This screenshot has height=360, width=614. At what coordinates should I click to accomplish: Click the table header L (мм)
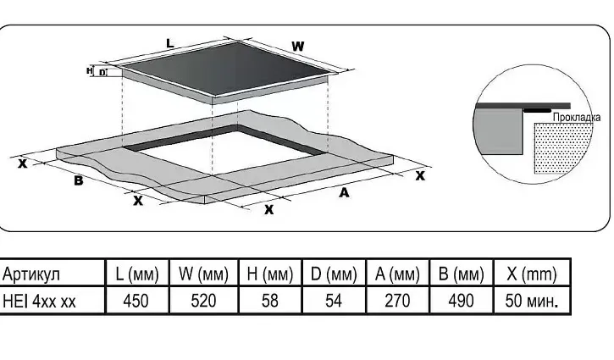tap(137, 274)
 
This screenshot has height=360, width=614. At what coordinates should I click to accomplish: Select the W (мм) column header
tap(203, 274)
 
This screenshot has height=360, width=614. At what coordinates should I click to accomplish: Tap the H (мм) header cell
tap(268, 274)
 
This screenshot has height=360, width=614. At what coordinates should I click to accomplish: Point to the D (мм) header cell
tap(333, 274)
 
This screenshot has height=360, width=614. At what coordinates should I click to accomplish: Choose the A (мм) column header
tap(397, 274)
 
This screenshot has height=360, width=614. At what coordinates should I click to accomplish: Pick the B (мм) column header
tap(461, 274)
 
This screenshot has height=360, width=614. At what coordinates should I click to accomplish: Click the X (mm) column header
tap(531, 274)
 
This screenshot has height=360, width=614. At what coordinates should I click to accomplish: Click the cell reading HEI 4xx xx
tap(40, 301)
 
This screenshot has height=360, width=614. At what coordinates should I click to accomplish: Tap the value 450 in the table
tap(137, 301)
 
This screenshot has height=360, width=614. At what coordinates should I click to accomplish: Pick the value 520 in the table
tap(203, 301)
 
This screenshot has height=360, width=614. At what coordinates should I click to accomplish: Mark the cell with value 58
tap(268, 301)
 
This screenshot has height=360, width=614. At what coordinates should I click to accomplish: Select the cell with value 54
tap(333, 301)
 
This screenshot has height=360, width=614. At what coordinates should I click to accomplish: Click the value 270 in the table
tap(397, 301)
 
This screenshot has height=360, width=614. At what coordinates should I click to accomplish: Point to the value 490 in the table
tap(461, 301)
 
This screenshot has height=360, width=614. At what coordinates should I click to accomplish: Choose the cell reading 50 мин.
tap(531, 301)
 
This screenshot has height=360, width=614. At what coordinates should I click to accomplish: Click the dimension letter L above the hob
tap(169, 42)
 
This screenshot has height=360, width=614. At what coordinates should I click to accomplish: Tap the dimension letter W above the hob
tap(298, 45)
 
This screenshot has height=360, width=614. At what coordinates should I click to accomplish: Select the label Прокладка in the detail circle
tap(576, 117)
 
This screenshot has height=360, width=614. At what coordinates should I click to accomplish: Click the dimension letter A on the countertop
tap(344, 193)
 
